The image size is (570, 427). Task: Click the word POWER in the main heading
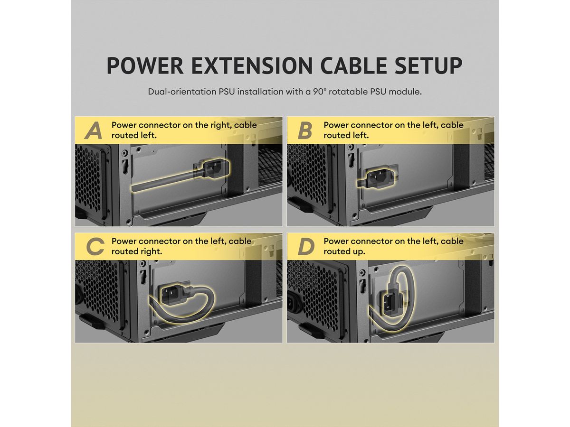pos(145,65)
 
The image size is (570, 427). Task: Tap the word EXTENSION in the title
pos(252,65)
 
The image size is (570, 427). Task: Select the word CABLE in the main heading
pos(354,65)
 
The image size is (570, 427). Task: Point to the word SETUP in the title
pos(428,65)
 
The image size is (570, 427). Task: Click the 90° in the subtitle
pos(319,92)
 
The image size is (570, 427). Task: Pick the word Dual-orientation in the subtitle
pos(182,92)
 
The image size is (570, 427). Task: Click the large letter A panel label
pos(94,130)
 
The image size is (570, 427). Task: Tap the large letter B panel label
pos(305,130)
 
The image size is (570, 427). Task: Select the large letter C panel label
pos(95,247)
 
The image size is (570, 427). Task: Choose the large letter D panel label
pos(306,247)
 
